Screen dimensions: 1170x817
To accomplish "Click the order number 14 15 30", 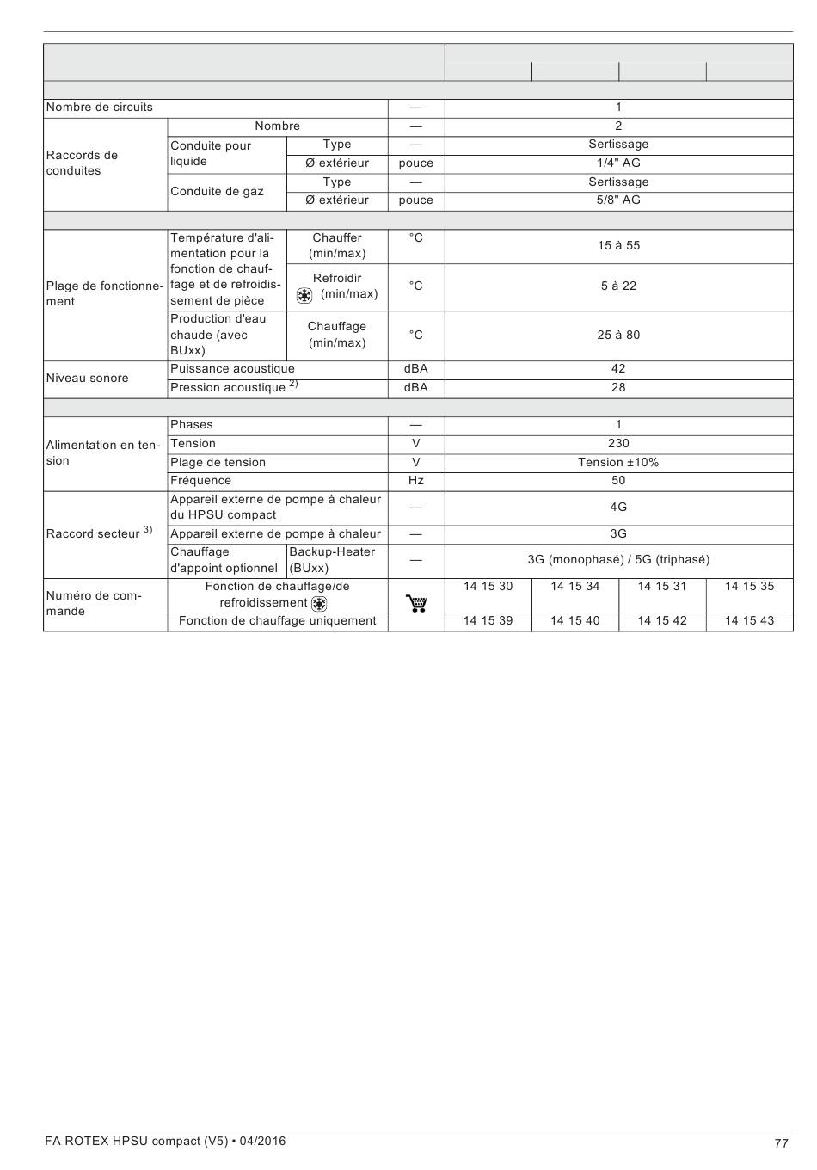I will (x=488, y=587).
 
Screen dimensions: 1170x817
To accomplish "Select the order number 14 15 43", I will (x=749, y=621).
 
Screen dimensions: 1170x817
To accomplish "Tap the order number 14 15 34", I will (x=575, y=587).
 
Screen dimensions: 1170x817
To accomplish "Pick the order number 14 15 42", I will (x=662, y=621).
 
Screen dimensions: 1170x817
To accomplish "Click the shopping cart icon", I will (x=416, y=604).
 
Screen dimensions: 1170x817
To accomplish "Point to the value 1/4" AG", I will (x=618, y=163).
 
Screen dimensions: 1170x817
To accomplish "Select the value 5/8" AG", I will (x=618, y=200).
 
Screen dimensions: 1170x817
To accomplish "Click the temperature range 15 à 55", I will (x=618, y=246).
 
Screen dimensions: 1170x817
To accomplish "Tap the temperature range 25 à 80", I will (x=618, y=336).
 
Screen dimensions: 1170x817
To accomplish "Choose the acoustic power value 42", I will (x=618, y=369).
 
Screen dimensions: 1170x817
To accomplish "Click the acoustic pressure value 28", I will (x=618, y=388).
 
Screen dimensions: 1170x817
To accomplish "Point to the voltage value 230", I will (x=618, y=444).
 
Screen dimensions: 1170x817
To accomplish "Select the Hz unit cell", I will (x=416, y=481).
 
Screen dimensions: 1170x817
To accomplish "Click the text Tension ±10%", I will (x=618, y=463).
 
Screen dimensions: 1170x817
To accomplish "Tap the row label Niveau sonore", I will (x=87, y=379).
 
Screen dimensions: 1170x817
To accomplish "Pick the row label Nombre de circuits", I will (x=99, y=108).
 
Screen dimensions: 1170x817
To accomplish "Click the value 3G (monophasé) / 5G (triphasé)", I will (x=618, y=560).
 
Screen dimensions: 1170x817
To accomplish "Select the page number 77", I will (x=781, y=1143).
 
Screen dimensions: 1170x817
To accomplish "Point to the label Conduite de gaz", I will (x=217, y=191).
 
